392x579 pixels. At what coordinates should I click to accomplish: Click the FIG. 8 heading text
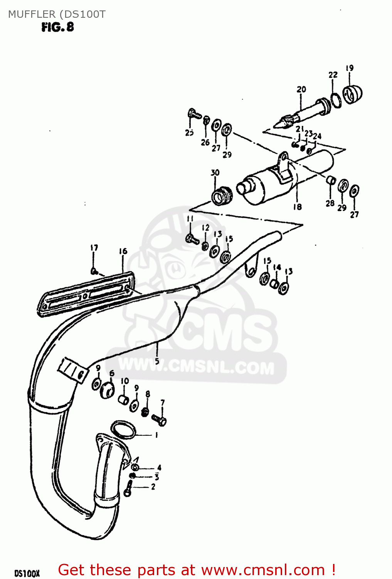[57, 27]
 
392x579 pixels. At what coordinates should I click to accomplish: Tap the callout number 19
[350, 68]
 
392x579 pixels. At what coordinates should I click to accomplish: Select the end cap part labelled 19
[352, 94]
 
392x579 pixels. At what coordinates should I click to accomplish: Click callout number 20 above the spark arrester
[301, 89]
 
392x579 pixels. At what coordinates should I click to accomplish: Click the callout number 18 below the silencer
[297, 207]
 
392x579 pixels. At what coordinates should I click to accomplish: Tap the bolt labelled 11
[192, 239]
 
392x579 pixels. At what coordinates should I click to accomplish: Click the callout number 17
[94, 247]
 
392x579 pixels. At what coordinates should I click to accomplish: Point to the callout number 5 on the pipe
[157, 361]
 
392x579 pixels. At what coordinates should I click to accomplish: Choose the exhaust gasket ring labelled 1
[123, 429]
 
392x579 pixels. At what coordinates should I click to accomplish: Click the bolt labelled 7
[159, 419]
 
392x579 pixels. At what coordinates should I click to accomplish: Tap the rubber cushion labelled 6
[107, 391]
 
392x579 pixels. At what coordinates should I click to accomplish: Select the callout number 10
[124, 381]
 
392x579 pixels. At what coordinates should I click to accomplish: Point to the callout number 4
[159, 468]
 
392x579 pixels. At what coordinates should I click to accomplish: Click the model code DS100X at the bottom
[27, 574]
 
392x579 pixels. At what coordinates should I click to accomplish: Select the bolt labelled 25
[194, 114]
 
